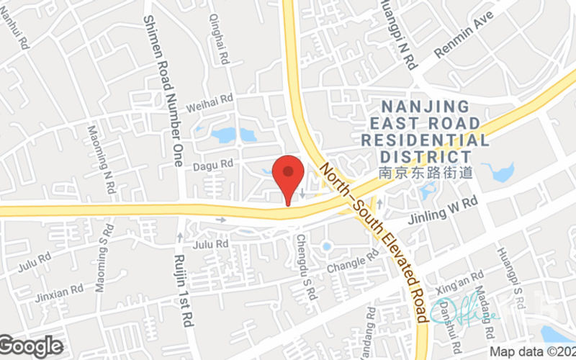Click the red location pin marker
point(289,176)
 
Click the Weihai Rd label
point(210,102)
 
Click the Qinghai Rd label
point(219,36)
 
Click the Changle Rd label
point(352,261)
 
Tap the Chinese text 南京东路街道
point(426,173)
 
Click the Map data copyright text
point(532,352)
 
